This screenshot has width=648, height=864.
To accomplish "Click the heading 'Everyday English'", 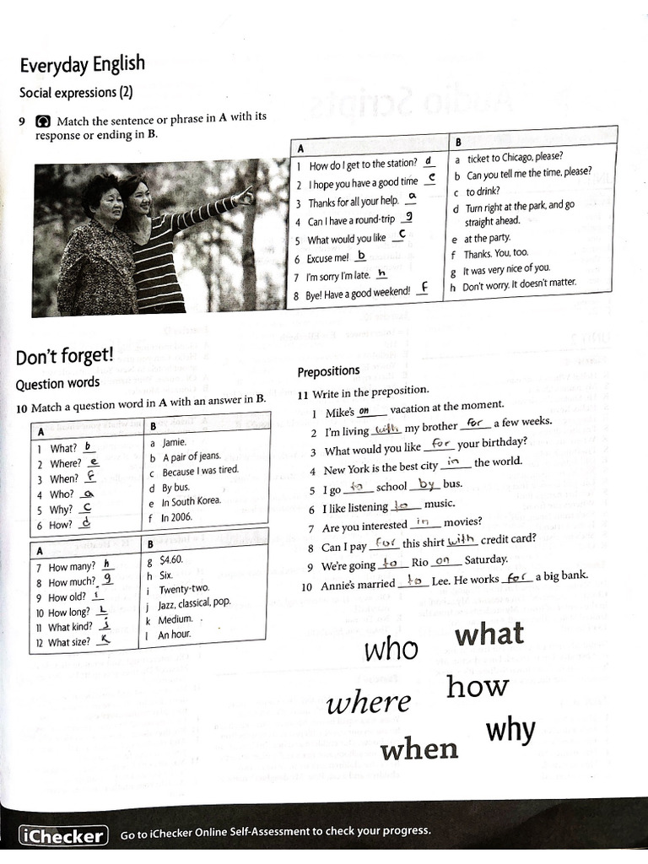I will coord(82,64).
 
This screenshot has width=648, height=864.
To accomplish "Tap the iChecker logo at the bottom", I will coord(64,836).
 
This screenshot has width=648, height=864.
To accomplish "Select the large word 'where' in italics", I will coord(369,703).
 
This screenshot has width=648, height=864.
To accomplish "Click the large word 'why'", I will coord(510,729).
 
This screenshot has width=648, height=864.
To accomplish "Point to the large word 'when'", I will coord(419,748).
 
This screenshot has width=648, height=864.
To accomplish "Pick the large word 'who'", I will coord(391,649).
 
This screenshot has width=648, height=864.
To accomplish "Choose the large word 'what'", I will coord(489,634).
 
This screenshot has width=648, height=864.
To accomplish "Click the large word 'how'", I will coord(478,687).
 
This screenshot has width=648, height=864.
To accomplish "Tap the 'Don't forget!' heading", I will coord(64,357).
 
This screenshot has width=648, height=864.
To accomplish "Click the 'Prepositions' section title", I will coord(328,371).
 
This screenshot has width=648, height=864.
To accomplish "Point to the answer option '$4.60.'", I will coord(171,559).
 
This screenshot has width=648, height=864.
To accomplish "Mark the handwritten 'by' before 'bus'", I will coord(426,484).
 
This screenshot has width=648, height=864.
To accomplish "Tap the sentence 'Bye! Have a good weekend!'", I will coord(358,292).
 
